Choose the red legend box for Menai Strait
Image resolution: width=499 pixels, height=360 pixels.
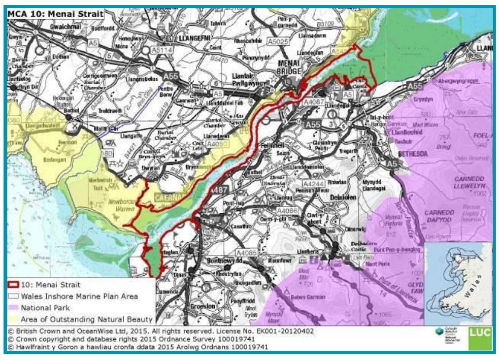pyautogui.click(x=14, y=285)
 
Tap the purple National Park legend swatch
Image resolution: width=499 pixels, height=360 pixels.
pyautogui.click(x=14, y=308)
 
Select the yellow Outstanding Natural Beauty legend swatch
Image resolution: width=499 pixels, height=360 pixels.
pyautogui.click(x=14, y=319)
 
